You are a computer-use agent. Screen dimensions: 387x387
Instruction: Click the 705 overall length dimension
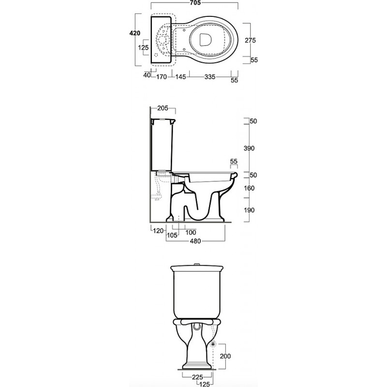pos(195,3)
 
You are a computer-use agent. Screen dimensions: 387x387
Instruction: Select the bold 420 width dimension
pos(135,33)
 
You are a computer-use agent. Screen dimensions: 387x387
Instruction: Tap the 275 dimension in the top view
pos(250,40)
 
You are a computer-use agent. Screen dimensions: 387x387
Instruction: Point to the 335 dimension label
pos(210,77)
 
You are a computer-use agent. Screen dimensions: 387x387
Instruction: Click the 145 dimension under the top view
pos(180,77)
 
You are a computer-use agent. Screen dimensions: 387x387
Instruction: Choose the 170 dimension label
pos(162,77)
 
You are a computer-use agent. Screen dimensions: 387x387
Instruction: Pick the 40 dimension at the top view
pos(147,75)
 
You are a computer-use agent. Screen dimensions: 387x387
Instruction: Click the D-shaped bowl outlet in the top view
pos(205,39)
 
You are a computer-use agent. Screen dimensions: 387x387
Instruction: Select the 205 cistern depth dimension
pos(163,108)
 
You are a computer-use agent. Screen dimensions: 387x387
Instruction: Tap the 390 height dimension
pos(249,149)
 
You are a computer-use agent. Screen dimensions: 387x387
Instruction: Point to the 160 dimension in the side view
pos(249,188)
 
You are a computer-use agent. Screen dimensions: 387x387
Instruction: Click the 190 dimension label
pos(249,210)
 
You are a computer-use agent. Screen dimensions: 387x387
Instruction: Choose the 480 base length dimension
pos(195,241)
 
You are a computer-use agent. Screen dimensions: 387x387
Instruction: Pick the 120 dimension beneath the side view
pos(158,231)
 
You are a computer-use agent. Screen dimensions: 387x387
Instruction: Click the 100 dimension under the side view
pos(191,232)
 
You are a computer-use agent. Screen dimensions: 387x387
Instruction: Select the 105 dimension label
pos(172,236)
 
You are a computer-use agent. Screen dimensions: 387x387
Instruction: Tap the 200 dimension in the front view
pos(225,356)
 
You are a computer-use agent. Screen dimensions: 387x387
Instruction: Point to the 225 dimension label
pos(197,377)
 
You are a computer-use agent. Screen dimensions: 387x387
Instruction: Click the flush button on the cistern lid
pos(197,265)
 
